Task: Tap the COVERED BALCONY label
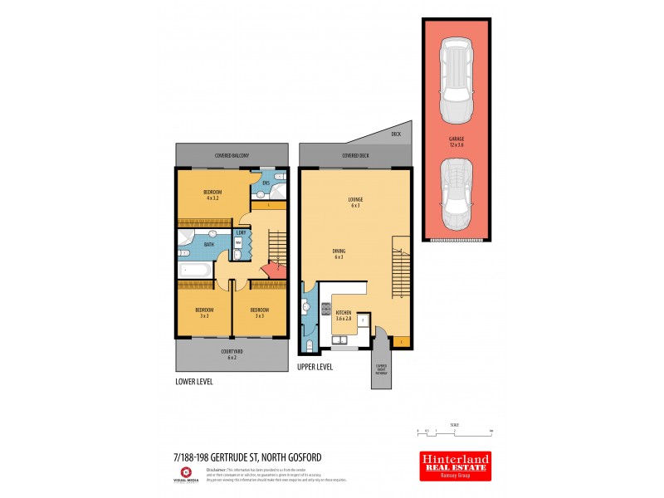[232, 156]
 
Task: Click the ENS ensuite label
[267, 183]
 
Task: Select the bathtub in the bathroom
[195, 270]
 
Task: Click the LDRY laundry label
[239, 233]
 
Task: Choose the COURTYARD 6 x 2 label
[232, 354]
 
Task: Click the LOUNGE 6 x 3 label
[355, 202]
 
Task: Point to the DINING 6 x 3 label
[339, 254]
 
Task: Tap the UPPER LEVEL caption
[315, 366]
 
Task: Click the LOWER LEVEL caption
[194, 382]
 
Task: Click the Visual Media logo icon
[186, 471]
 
